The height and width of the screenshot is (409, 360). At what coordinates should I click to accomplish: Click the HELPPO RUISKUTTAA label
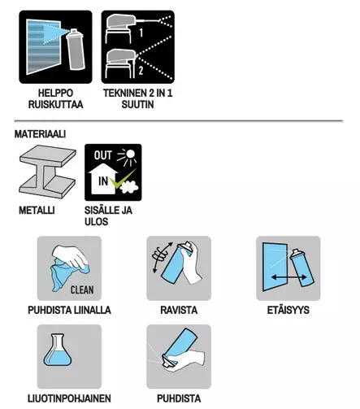coord(54,98)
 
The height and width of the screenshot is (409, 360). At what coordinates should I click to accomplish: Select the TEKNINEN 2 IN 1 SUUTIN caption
coord(139,98)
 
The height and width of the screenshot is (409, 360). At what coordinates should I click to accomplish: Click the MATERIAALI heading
coord(40,133)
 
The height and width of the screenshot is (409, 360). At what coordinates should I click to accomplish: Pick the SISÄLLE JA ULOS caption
coord(108,215)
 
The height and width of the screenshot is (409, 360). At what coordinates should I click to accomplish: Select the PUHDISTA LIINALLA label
coord(69,311)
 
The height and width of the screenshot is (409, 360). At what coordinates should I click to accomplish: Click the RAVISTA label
coord(179,311)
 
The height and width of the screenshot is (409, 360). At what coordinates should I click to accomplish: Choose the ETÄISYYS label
coord(287,311)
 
